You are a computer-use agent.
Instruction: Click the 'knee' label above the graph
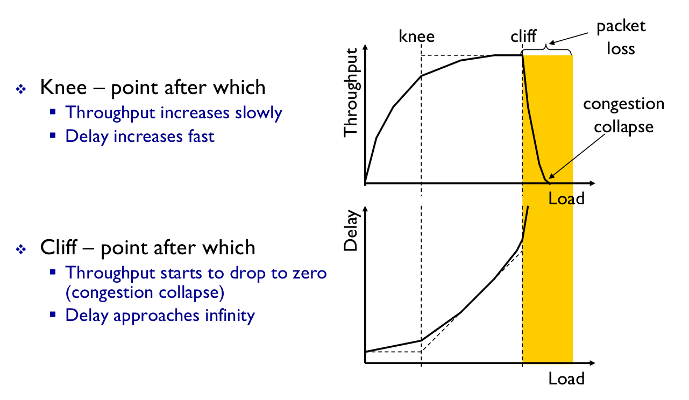[x=416, y=36]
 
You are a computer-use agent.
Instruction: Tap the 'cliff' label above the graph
[x=523, y=36]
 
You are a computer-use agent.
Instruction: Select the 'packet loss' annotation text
[x=621, y=37]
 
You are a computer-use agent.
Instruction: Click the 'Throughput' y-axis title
[x=351, y=92]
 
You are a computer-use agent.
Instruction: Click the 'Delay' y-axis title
[x=351, y=231]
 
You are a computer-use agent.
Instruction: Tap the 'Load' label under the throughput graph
[x=566, y=198]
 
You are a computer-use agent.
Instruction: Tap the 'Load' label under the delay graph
[x=566, y=378]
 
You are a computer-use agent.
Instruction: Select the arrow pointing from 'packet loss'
[x=569, y=38]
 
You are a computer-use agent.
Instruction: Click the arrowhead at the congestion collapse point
[x=552, y=176]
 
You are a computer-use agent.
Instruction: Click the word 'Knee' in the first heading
[x=63, y=87]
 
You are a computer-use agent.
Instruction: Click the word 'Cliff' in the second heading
[x=59, y=247]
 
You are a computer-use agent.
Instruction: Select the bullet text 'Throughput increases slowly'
[x=174, y=112]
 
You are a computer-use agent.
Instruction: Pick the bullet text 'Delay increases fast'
[x=140, y=136]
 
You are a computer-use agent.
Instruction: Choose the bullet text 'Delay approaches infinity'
[x=160, y=316]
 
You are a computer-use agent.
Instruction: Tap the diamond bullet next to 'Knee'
[x=21, y=89]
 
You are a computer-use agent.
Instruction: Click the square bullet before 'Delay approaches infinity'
[x=53, y=315]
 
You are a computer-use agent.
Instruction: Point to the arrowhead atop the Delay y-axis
[x=365, y=208]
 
